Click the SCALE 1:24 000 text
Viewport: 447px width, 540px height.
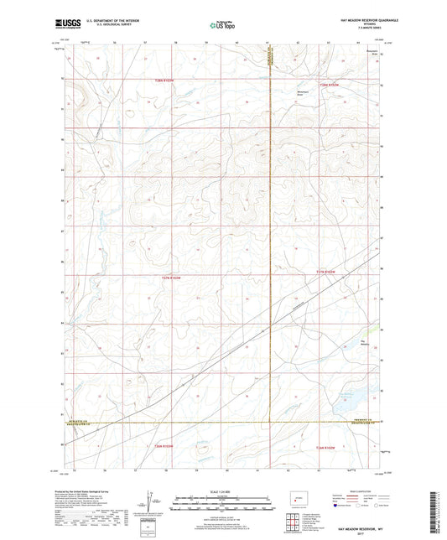[223, 491]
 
